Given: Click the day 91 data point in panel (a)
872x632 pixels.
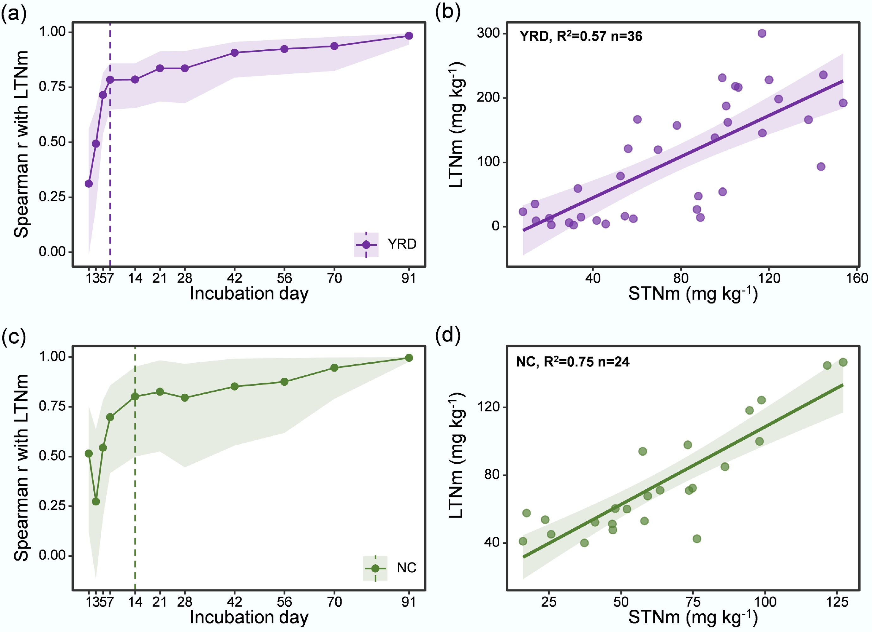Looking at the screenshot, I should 409,36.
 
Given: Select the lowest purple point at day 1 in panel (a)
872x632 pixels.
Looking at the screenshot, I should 89,184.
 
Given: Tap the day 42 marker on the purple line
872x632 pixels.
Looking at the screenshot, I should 234,53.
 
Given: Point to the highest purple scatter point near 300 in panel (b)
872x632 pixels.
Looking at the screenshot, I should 762,34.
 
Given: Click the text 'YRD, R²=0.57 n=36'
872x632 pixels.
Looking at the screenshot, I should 581,36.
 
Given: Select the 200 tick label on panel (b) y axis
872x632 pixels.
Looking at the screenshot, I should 488,97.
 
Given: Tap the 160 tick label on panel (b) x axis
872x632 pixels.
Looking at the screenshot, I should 856,278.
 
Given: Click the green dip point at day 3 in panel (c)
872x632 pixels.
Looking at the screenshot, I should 96,502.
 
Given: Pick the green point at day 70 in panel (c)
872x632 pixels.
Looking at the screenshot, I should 334,368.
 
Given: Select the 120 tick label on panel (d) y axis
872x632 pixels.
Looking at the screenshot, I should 488,407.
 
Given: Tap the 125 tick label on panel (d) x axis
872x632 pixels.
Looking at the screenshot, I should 837,602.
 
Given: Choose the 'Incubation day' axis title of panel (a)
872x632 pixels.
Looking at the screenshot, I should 249,293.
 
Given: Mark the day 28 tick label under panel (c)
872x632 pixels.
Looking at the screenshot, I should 184,602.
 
